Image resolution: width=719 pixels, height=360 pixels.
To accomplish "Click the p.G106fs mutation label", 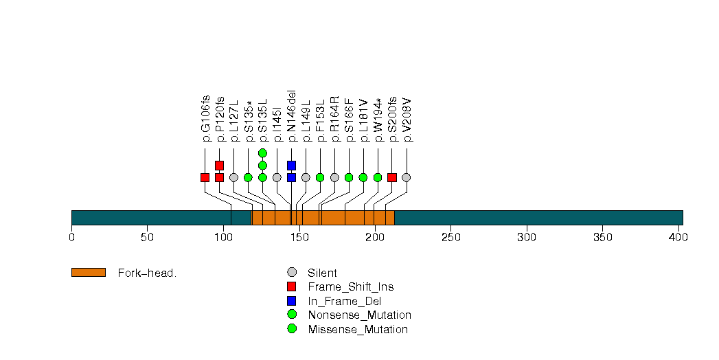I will point(205,118).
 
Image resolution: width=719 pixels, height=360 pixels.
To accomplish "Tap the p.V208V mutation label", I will point(407,119).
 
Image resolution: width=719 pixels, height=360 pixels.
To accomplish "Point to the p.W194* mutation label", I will point(378,119).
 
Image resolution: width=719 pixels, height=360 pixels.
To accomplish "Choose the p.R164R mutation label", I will point(334,119).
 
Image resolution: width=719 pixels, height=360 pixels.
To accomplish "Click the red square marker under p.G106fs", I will point(205,177).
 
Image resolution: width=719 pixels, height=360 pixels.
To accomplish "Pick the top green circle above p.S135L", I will point(262,153).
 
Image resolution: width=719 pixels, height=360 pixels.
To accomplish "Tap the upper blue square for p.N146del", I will point(291,166).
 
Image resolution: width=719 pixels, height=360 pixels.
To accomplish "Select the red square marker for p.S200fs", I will point(392,177).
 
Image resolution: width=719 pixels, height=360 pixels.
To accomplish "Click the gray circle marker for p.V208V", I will point(407,177).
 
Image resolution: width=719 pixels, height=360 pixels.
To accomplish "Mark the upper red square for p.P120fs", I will point(219,166).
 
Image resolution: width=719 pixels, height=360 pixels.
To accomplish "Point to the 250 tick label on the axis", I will point(450,238).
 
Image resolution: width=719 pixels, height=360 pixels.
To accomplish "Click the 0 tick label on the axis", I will point(71,238).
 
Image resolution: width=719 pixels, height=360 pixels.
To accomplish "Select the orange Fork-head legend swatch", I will point(89,273).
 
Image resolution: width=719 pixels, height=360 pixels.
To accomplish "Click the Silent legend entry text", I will point(322,273).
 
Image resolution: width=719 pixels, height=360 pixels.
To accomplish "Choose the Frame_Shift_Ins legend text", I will point(350,286).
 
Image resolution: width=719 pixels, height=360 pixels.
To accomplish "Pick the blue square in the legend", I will point(292,301).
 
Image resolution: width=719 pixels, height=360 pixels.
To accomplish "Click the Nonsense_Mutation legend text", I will point(359,315).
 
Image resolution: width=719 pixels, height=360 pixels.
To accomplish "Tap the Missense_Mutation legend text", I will point(358,329).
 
